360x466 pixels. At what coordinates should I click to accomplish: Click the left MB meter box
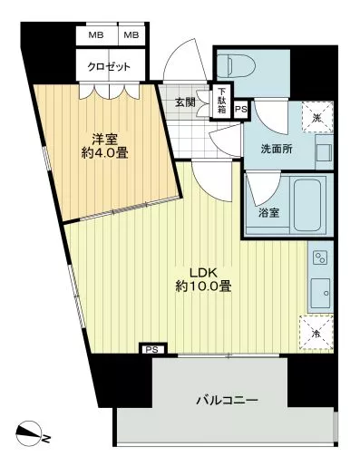pyautogui.click(x=96, y=35)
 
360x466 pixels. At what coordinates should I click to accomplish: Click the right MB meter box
pyautogui.click(x=131, y=35)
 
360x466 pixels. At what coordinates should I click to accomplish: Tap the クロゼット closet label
pyautogui.click(x=109, y=66)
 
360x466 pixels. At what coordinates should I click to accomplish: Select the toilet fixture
pyautogui.click(x=236, y=65)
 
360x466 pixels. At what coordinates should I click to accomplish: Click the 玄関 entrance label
pyautogui.click(x=186, y=102)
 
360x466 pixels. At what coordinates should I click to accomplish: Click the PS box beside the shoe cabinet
pyautogui.click(x=241, y=110)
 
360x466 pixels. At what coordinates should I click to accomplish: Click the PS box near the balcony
pyautogui.click(x=151, y=350)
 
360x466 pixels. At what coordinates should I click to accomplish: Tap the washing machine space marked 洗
pyautogui.click(x=317, y=117)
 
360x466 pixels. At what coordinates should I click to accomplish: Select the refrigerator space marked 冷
pyautogui.click(x=316, y=333)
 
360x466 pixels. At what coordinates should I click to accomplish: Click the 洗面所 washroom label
pyautogui.click(x=277, y=149)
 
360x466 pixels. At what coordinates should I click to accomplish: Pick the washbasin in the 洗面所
pyautogui.click(x=324, y=152)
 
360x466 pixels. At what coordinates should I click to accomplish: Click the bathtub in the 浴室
pyautogui.click(x=307, y=205)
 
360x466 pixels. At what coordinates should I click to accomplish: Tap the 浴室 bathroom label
pyautogui.click(x=268, y=213)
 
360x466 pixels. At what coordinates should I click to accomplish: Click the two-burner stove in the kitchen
pyautogui.click(x=320, y=257)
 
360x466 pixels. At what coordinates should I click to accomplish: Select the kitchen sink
pyautogui.click(x=321, y=293)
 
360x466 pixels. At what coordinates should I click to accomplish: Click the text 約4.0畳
pyautogui.click(x=105, y=153)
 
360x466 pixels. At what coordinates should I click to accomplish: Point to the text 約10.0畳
pyautogui.click(x=204, y=286)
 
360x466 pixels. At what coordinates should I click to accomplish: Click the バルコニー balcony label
pyautogui.click(x=227, y=401)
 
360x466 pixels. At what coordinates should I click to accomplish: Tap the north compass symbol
pyautogui.click(x=29, y=433)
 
